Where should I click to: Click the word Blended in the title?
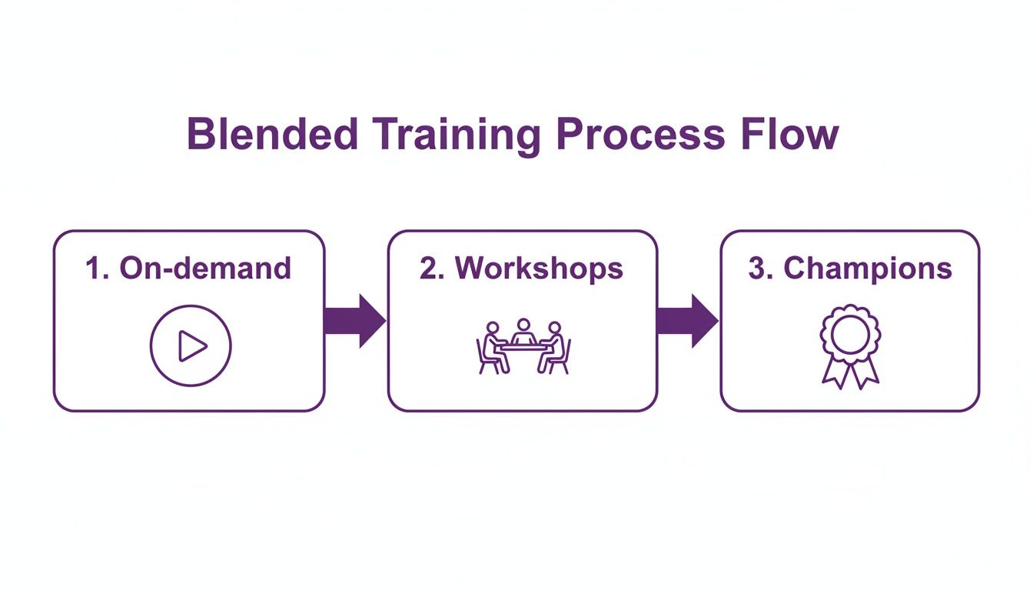(x=272, y=135)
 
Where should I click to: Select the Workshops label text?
(x=539, y=268)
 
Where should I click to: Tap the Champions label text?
(x=867, y=268)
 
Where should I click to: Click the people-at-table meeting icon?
(x=523, y=346)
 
